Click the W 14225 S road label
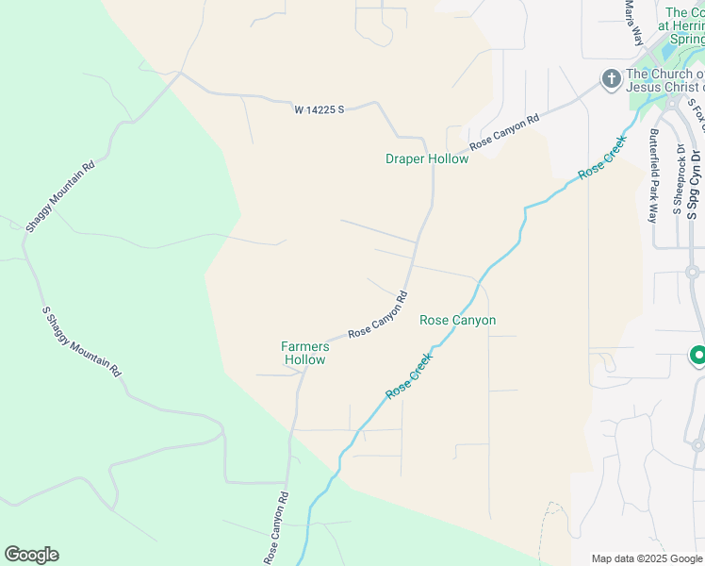320,109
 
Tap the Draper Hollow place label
427,158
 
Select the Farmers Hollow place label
305,353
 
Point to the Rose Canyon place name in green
457,321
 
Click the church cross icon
611,78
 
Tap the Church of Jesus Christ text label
665,81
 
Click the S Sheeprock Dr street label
679,179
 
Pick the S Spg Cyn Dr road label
696,184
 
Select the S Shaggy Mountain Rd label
82,341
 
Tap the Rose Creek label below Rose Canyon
408,375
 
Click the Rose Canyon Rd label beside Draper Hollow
504,132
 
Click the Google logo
31,555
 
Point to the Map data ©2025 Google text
647,558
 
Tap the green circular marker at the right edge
698,356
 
